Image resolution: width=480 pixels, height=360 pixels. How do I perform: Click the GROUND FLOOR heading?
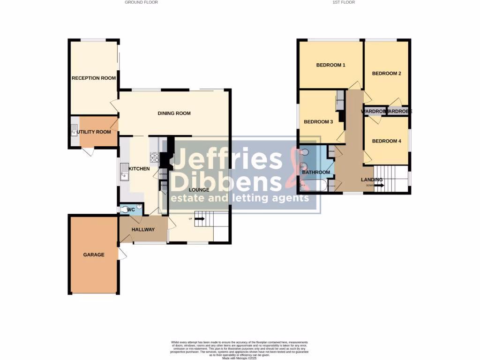click(141, 2)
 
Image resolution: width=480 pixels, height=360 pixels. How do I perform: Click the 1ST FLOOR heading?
click(344, 2)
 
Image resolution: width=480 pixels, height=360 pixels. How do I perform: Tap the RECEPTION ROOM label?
click(94, 78)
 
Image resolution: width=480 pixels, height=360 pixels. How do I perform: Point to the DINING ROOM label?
click(174, 113)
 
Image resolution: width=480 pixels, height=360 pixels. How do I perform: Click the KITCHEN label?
click(139, 168)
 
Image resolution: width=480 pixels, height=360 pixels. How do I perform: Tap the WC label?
click(131, 209)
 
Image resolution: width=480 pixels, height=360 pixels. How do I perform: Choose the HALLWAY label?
click(143, 229)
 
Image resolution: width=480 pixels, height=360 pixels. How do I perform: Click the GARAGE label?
click(94, 255)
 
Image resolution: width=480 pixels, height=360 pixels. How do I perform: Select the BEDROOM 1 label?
click(330, 65)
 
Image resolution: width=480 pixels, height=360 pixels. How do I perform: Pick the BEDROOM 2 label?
click(387, 73)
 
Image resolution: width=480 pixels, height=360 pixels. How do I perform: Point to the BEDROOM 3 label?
click(318, 121)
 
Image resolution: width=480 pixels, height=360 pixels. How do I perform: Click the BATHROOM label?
click(316, 172)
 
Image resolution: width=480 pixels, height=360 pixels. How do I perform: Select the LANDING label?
click(372, 180)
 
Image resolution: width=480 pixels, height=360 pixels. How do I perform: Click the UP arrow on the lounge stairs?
click(199, 218)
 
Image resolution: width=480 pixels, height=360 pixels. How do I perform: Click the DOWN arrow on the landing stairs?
click(379, 186)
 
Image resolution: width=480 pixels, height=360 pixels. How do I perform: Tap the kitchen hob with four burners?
click(155, 157)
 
